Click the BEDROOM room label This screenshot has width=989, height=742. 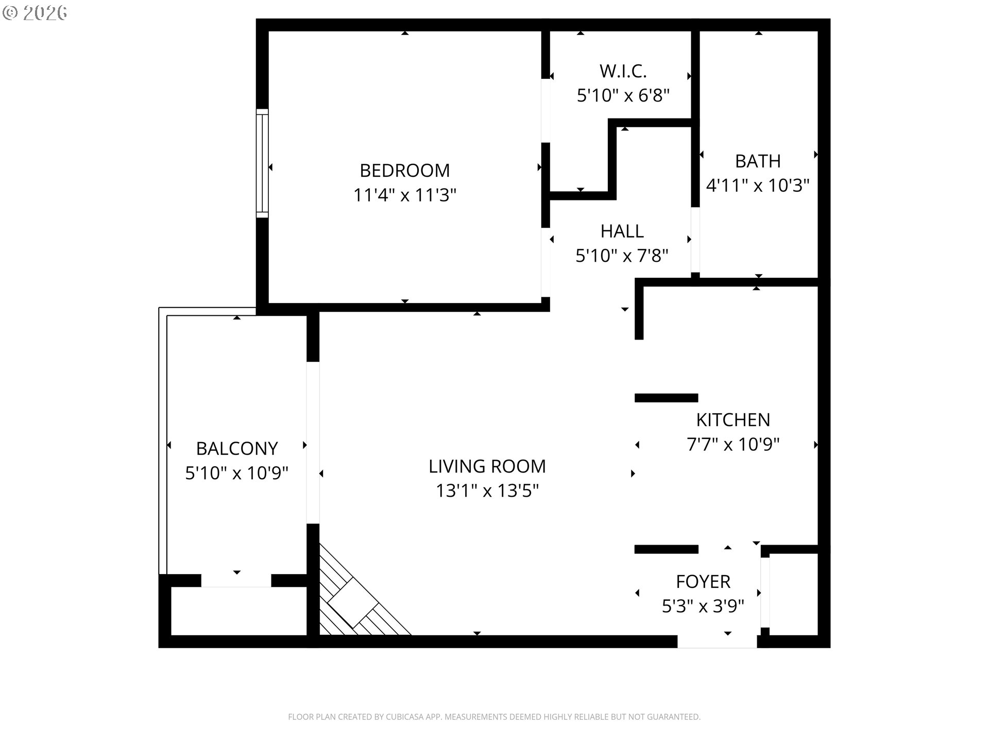(x=404, y=171)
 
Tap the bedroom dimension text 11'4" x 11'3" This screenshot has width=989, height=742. (x=404, y=195)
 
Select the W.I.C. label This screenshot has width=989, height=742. (x=623, y=71)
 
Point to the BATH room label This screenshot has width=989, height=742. (x=757, y=161)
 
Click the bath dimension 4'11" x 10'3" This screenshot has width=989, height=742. (x=757, y=185)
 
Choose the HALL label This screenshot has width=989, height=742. (x=622, y=231)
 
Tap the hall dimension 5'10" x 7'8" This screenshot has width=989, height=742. (x=622, y=256)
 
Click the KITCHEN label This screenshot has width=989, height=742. (x=732, y=420)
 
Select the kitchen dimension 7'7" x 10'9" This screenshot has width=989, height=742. (x=732, y=444)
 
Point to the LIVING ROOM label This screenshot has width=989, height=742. (x=487, y=466)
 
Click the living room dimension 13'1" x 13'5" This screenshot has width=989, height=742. (x=487, y=491)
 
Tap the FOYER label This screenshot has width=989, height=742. (x=703, y=582)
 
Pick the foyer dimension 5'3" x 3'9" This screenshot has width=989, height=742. (x=703, y=606)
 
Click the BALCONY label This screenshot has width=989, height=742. (x=236, y=449)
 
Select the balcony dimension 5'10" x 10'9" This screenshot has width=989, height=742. (x=236, y=473)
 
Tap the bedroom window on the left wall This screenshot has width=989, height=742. (x=262, y=163)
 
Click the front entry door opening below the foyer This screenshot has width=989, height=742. (x=717, y=642)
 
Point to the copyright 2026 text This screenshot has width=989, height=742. (x=35, y=13)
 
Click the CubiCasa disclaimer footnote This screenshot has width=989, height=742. (x=494, y=717)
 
